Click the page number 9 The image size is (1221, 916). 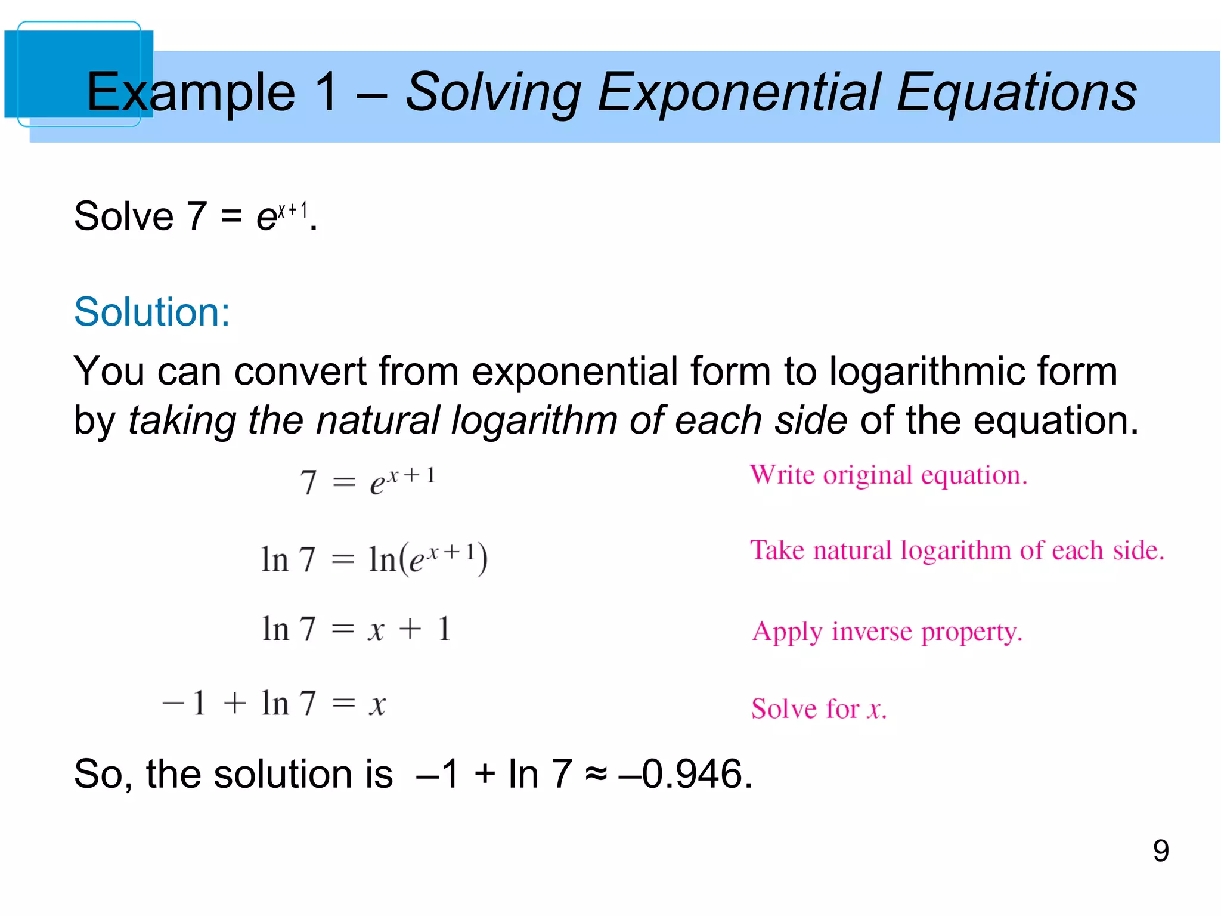1160,850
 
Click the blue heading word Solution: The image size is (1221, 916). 151,312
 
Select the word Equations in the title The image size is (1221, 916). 1016,92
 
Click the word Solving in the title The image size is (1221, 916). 492,92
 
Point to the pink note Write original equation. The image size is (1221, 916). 888,475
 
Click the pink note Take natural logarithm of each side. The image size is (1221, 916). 957,550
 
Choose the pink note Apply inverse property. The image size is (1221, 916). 887,632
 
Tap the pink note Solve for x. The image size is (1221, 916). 819,709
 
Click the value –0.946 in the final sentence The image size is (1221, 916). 686,774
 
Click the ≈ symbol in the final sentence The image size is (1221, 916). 596,774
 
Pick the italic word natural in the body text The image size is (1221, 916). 378,420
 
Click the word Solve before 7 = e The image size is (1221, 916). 123,216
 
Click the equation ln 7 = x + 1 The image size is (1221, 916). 356,629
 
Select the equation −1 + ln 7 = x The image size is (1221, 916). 274,704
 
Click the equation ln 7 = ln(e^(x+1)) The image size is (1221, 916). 374,559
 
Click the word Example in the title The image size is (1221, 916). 191,92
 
